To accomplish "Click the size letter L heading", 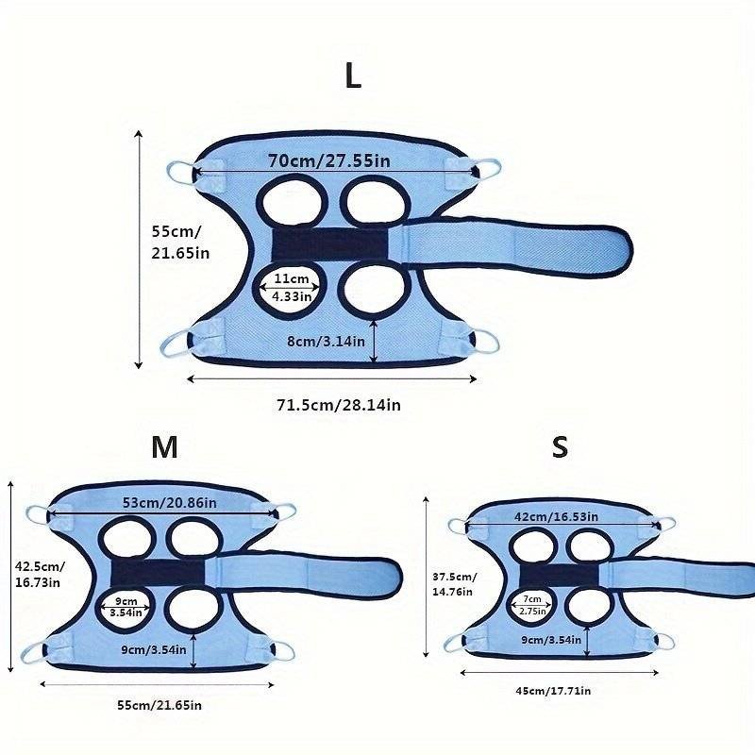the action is (x=353, y=76).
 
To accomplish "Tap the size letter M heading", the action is (x=164, y=447).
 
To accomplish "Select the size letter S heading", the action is (x=560, y=446).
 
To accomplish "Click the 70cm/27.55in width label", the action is (x=328, y=160).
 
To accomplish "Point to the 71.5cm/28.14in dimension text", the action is (x=339, y=405).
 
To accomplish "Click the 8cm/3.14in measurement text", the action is (x=326, y=342).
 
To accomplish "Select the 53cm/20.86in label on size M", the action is (x=170, y=503).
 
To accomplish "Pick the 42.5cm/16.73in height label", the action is (x=40, y=575).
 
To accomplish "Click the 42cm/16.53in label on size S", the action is (x=556, y=516).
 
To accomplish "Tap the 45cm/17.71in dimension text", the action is (x=553, y=691).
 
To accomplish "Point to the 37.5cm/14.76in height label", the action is (x=454, y=584).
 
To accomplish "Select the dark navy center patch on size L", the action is (x=329, y=244).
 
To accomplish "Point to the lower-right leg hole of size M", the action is (x=193, y=609).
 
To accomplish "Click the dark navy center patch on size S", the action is (x=559, y=575).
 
